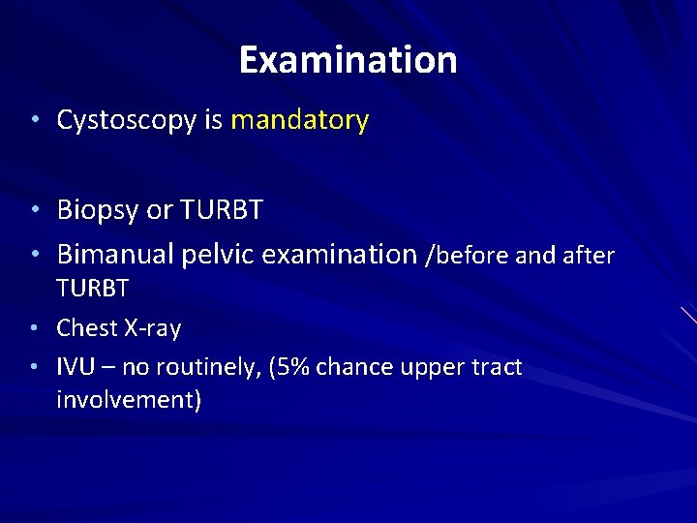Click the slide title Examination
pos(348,60)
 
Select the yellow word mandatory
pos(299,120)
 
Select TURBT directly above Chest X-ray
pos(93,289)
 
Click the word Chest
pos(87,328)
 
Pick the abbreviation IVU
pos(75,367)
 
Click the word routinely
pos(206,367)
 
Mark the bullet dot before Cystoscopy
pos(34,121)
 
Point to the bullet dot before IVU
pos(34,368)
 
